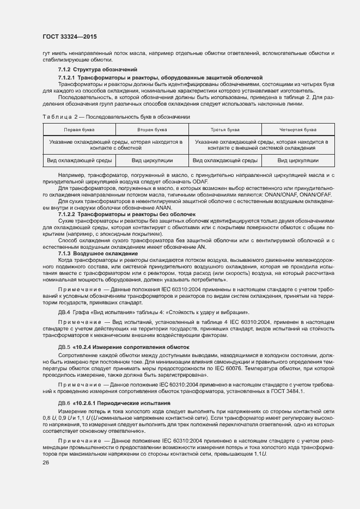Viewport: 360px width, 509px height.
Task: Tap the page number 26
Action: (x=46, y=463)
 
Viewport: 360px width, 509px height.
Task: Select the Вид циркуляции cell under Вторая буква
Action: (x=152, y=161)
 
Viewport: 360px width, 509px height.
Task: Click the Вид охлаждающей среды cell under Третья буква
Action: (x=225, y=161)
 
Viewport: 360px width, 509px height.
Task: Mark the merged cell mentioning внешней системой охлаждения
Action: (x=261, y=145)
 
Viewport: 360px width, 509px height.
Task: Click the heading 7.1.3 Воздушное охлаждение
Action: (x=90, y=254)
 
